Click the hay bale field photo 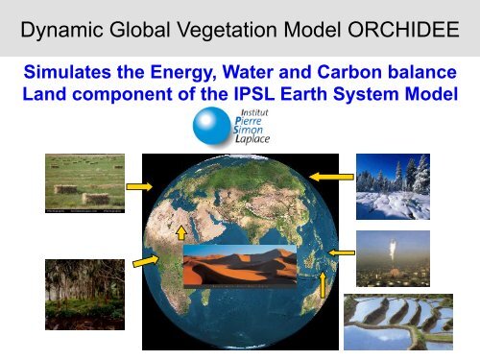(84, 182)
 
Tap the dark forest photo (84, 294)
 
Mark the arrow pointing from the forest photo (146, 260)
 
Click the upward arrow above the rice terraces (324, 283)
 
